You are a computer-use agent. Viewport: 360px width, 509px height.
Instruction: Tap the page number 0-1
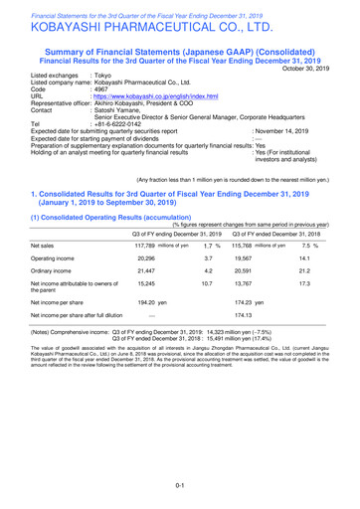pyautogui.click(x=179, y=485)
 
